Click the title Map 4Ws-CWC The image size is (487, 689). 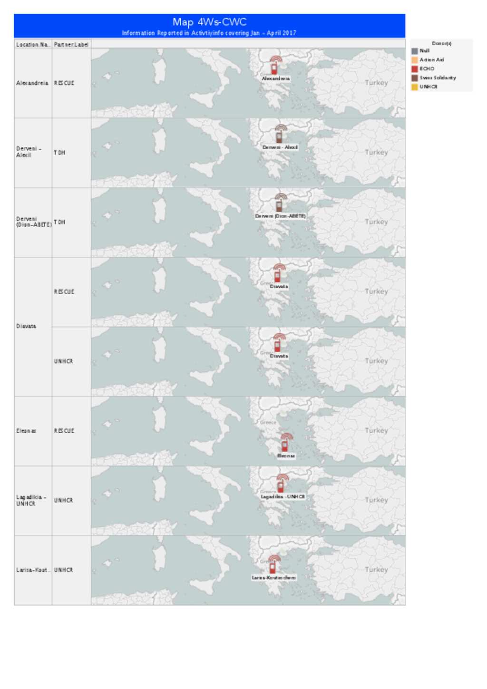pos(209,22)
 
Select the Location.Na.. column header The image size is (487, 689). pos(32,45)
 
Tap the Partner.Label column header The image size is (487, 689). pos(71,45)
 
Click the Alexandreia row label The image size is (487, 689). pos(32,83)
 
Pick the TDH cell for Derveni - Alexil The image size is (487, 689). pos(59,153)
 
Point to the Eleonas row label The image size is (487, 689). pos(26,431)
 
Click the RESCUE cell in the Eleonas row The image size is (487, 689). pos(64,431)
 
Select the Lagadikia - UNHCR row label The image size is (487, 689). pos(31,500)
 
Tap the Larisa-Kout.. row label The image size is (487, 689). pos(32,570)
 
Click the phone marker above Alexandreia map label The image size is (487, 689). pos(274,66)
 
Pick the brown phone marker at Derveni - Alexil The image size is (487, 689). pos(280,135)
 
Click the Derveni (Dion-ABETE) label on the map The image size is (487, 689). pos(280,216)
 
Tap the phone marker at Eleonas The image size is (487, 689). pos(285,443)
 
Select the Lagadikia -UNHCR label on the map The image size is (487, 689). pos(282,496)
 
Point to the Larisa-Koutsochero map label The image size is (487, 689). pos(273,578)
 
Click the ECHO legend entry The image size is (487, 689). pos(427,69)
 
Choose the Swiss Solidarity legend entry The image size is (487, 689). pos(438,78)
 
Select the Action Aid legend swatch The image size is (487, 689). pos(415,60)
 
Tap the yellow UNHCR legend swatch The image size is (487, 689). pos(415,87)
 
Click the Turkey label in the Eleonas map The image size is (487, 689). pos(376,430)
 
